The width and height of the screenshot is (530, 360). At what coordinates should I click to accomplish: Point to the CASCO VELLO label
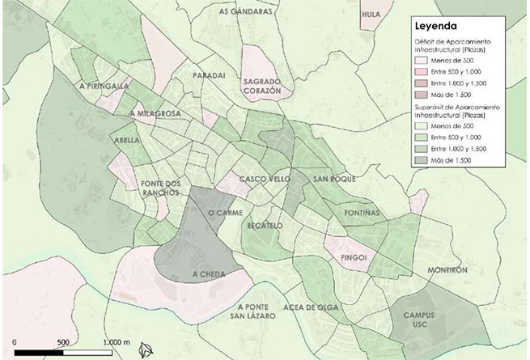click(260, 179)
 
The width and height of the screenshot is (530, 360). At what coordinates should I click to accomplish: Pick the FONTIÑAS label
click(361, 213)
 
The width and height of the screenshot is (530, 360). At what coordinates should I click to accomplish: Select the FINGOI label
click(354, 258)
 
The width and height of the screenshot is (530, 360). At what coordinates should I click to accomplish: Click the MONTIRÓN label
click(447, 270)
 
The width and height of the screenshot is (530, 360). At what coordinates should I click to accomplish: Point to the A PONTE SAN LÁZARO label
click(257, 312)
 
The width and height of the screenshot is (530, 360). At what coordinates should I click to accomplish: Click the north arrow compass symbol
click(146, 349)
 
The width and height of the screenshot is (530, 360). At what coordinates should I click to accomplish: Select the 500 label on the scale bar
click(63, 341)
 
